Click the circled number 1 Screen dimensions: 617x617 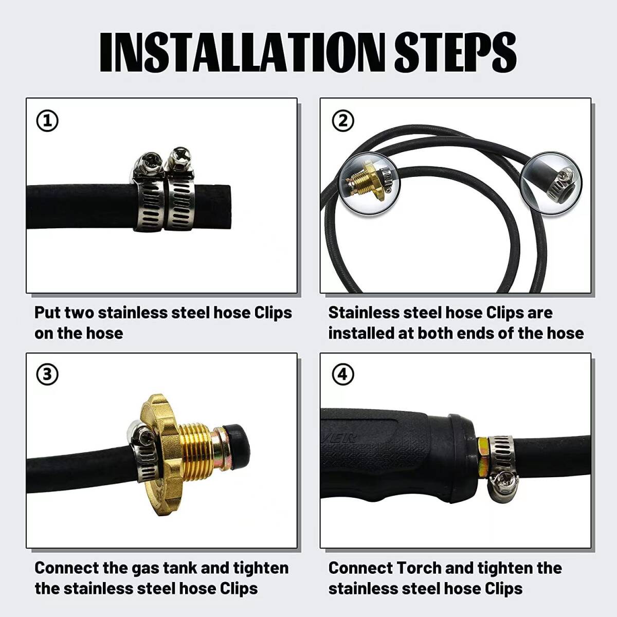pyautogui.click(x=47, y=121)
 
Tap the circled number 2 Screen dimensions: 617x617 pyautogui.click(x=343, y=121)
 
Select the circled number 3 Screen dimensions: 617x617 pyautogui.click(x=47, y=374)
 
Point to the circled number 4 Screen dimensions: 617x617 pyautogui.click(x=343, y=374)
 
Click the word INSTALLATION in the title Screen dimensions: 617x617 pyautogui.click(x=242, y=52)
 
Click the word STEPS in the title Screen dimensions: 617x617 pyautogui.click(x=455, y=52)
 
